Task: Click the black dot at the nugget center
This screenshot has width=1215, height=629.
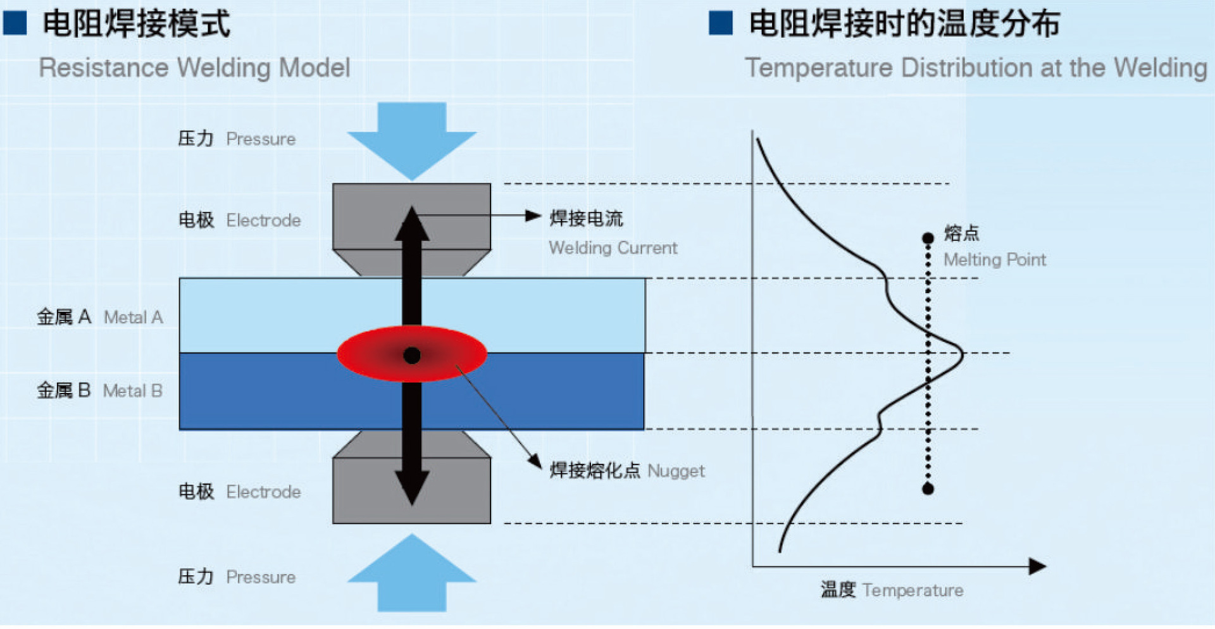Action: [x=412, y=356]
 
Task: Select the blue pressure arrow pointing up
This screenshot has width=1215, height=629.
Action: [x=412, y=573]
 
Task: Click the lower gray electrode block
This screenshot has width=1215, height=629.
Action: [x=367, y=490]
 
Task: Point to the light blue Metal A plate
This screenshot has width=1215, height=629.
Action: [x=538, y=314]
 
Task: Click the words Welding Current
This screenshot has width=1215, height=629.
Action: [x=613, y=248]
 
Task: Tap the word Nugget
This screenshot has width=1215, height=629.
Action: [x=676, y=471]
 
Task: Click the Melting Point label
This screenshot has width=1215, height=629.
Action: [x=994, y=259]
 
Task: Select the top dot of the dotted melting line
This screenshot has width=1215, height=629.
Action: [x=928, y=239]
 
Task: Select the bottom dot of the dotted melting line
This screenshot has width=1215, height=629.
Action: [x=928, y=489]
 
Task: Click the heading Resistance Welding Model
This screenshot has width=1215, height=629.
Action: [x=194, y=68]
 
